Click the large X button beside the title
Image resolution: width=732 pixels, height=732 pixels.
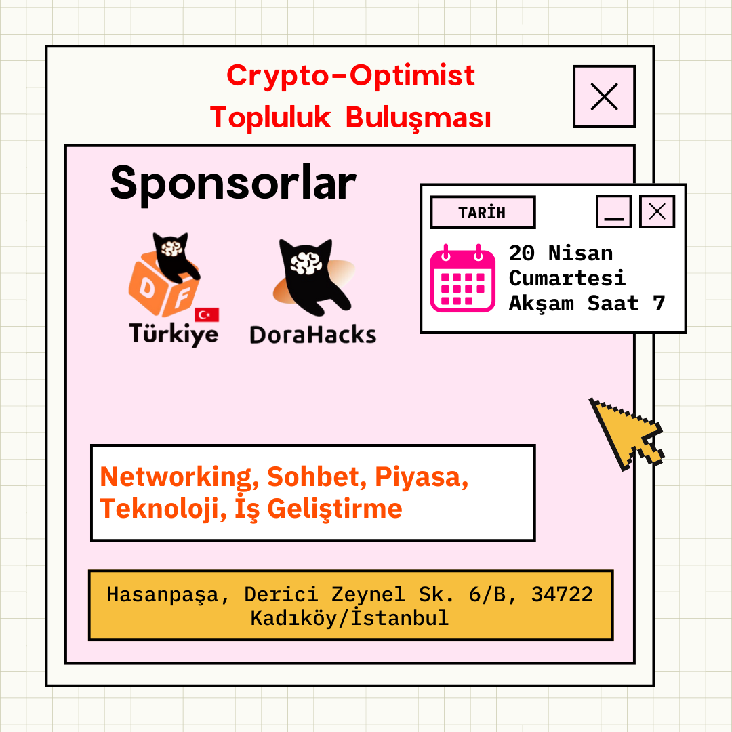pyautogui.click(x=604, y=97)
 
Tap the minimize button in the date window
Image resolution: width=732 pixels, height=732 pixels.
pyautogui.click(x=613, y=211)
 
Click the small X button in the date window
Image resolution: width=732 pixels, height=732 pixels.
pyautogui.click(x=657, y=211)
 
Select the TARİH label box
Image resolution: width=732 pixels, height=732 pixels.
pyautogui.click(x=483, y=212)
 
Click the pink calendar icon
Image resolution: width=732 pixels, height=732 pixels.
pyautogui.click(x=462, y=279)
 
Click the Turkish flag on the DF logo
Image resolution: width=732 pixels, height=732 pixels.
pyautogui.click(x=207, y=314)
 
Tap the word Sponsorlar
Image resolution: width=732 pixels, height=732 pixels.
pyautogui.click(x=233, y=184)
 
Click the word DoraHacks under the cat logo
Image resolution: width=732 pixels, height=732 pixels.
pyautogui.click(x=312, y=335)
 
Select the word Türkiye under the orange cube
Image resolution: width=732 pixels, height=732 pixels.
pyautogui.click(x=174, y=333)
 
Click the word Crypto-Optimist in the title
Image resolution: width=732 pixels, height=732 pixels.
pyautogui.click(x=350, y=76)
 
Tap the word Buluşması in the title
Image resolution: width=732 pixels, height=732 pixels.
pyautogui.click(x=418, y=118)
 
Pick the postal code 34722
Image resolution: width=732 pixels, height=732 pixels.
pyautogui.click(x=562, y=594)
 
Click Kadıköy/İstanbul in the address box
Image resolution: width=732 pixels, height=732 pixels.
pyautogui.click(x=350, y=617)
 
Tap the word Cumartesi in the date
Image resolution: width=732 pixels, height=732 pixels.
pyautogui.click(x=567, y=279)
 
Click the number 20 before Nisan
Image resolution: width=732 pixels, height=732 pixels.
pyautogui.click(x=521, y=253)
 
